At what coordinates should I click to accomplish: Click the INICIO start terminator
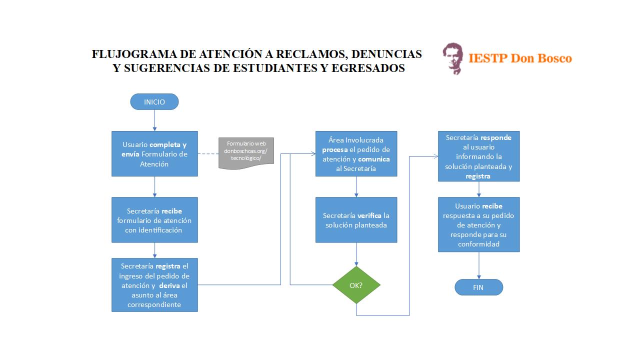(x=154, y=101)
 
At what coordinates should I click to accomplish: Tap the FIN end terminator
(x=478, y=287)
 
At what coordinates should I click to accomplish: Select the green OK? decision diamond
(x=356, y=285)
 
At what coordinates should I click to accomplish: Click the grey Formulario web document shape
(x=246, y=153)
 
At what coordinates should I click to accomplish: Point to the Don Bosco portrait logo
(x=453, y=58)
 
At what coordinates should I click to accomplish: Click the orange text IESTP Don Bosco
(x=520, y=58)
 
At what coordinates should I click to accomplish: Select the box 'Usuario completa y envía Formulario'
(x=154, y=153)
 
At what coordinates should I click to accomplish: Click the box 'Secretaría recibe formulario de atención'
(x=154, y=219)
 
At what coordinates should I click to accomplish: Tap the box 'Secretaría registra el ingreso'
(x=154, y=285)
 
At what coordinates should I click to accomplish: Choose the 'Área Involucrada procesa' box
(x=356, y=153)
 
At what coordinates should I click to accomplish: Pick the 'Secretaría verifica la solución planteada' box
(x=356, y=219)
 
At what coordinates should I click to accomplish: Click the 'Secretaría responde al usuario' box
(x=479, y=156)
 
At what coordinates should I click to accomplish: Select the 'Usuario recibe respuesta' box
(x=479, y=224)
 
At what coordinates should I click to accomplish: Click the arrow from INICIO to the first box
(x=154, y=120)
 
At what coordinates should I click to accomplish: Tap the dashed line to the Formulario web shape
(x=208, y=153)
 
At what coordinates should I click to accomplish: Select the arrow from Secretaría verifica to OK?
(x=356, y=254)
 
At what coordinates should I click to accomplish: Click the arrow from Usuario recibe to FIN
(x=479, y=265)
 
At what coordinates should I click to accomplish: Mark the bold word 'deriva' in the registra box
(x=169, y=285)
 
